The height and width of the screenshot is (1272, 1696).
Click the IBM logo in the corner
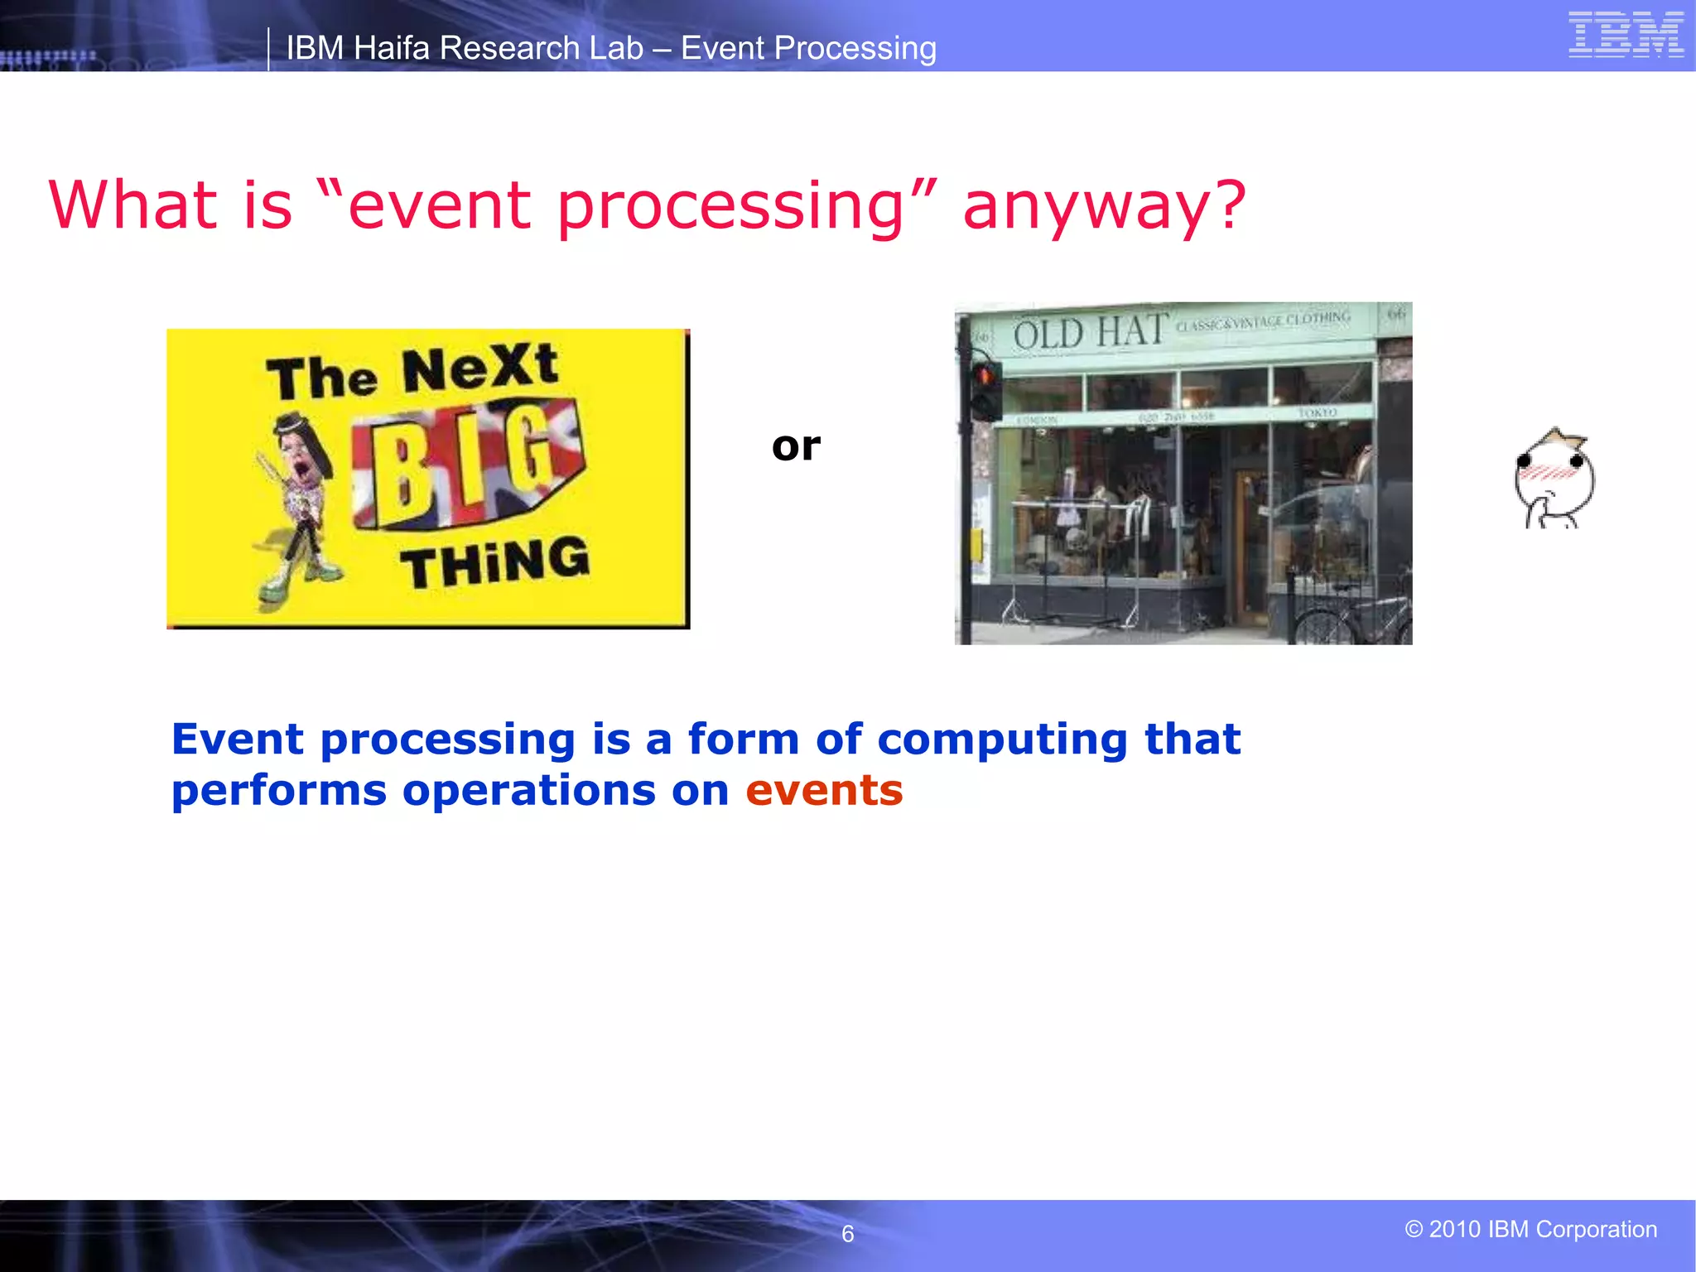pos(1626,35)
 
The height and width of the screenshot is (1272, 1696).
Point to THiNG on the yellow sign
pos(495,562)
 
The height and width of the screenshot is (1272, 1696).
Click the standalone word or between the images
pos(796,447)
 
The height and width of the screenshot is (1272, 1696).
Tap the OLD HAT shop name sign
pos(1091,333)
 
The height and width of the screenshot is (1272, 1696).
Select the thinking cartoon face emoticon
pos(1554,480)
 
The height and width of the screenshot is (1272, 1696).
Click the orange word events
pos(824,791)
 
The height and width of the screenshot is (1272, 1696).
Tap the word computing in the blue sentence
pos(1002,740)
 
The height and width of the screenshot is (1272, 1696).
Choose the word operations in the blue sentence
pos(529,791)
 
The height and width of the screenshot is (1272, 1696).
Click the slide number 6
pos(847,1234)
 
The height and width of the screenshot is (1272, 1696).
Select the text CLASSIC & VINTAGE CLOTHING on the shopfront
pos(1263,320)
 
